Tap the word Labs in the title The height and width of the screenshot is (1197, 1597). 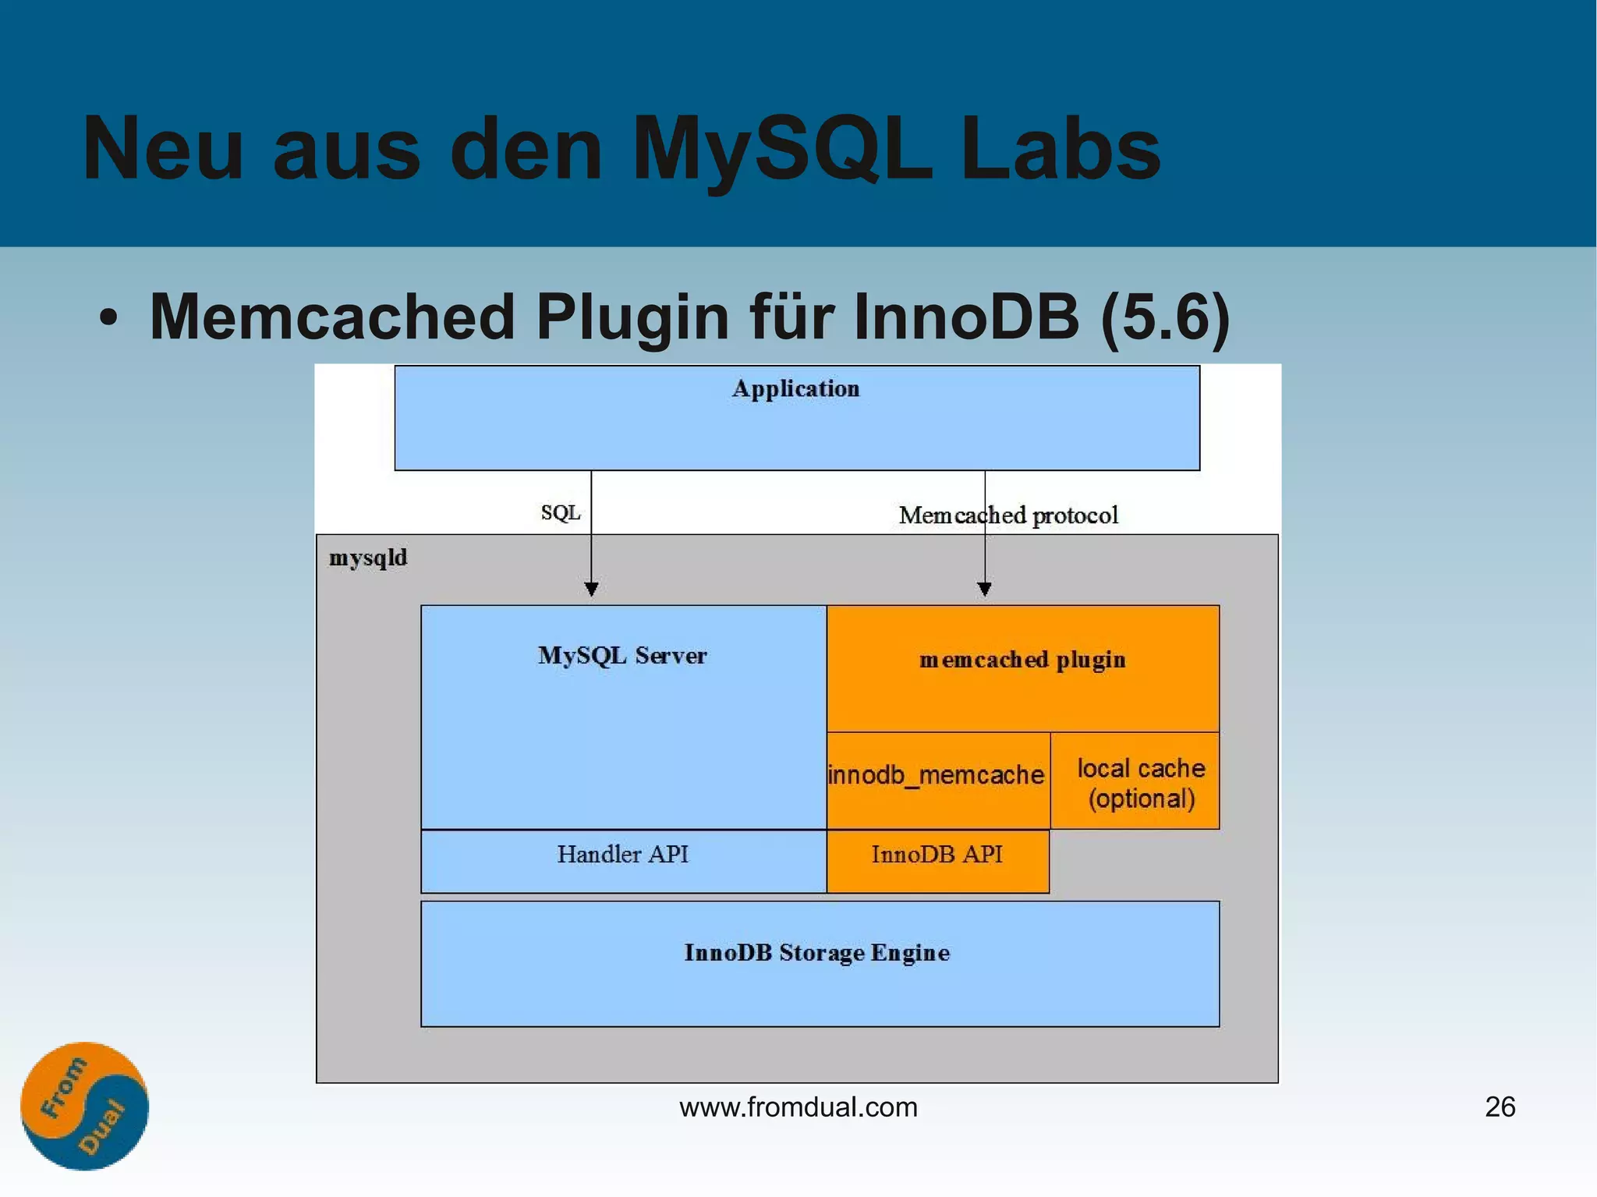click(x=1060, y=148)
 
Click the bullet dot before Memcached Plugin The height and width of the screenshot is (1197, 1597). click(x=109, y=318)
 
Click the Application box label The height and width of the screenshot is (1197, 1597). click(x=795, y=388)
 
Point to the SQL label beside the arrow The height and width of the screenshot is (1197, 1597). click(x=560, y=512)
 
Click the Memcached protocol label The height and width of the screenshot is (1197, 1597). click(x=1008, y=515)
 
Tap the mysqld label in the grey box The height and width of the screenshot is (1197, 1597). click(x=368, y=558)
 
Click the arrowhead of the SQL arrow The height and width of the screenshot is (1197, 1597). click(x=591, y=589)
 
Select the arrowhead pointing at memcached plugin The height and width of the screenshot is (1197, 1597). click(x=984, y=589)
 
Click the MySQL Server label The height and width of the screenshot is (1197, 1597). click(x=622, y=655)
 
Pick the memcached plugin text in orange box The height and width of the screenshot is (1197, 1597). click(x=1022, y=660)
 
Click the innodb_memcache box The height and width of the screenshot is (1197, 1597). click(x=937, y=776)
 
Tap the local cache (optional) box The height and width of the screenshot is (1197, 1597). click(x=1140, y=782)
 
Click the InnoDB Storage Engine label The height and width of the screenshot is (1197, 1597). click(x=817, y=953)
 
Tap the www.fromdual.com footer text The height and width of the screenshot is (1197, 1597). click(x=798, y=1107)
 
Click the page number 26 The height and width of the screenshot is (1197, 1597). click(x=1500, y=1107)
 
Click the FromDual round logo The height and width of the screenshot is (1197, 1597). click(x=84, y=1106)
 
